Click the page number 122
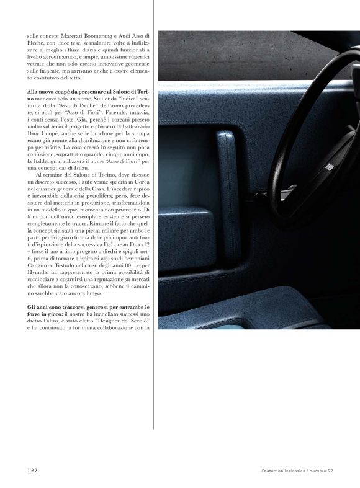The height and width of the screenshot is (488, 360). pos(32,471)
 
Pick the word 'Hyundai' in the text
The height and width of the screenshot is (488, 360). pos(41,273)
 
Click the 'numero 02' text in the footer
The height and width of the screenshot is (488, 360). pos(322,471)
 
